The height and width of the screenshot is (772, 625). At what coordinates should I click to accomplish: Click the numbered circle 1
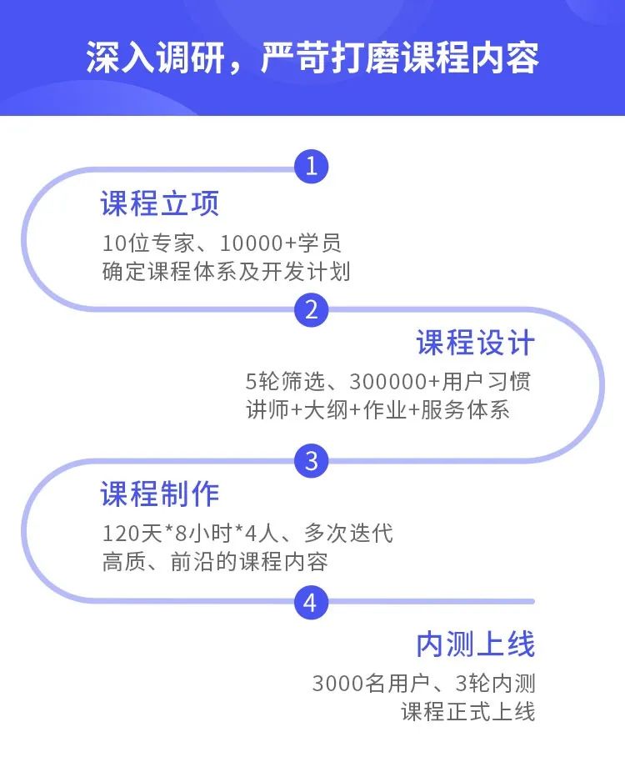pos(311,166)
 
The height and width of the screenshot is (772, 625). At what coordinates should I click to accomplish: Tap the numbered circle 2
pos(311,310)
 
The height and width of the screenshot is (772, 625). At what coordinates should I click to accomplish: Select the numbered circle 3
pos(311,460)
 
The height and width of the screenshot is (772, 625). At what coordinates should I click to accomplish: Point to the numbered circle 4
pos(311,602)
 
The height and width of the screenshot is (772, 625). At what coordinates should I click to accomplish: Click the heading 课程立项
pos(159,203)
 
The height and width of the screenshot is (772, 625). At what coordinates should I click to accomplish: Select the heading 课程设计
pos(475,343)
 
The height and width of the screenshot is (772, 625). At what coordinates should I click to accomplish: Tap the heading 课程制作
pos(159,494)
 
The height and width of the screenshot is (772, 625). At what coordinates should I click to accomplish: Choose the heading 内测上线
pos(475,644)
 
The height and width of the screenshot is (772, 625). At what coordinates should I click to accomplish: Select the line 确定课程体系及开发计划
pos(226,272)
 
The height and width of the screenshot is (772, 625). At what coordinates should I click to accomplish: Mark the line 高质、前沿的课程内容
pos(214,560)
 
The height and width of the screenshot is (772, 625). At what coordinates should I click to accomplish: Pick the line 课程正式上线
pos(467,712)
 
